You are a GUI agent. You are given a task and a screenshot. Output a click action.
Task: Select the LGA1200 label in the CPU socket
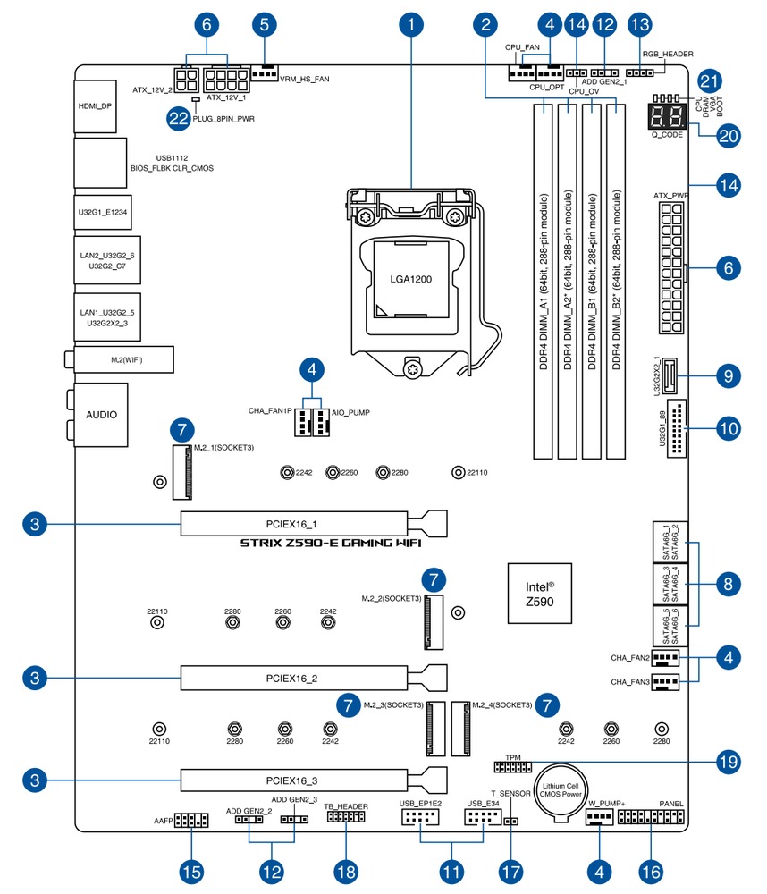pyautogui.click(x=410, y=279)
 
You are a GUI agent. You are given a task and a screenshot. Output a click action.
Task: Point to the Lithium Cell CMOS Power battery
pyautogui.click(x=560, y=795)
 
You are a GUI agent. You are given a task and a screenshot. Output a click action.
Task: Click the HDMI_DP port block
pyautogui.click(x=96, y=105)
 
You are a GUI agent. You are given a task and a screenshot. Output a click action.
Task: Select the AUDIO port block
pyautogui.click(x=101, y=415)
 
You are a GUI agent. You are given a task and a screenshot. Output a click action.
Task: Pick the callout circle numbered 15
pyautogui.click(x=190, y=869)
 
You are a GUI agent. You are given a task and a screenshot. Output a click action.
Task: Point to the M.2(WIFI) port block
pyautogui.click(x=124, y=360)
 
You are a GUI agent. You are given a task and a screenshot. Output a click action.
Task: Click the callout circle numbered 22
pyautogui.click(x=180, y=117)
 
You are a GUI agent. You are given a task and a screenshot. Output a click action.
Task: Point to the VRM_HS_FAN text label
pyautogui.click(x=305, y=79)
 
